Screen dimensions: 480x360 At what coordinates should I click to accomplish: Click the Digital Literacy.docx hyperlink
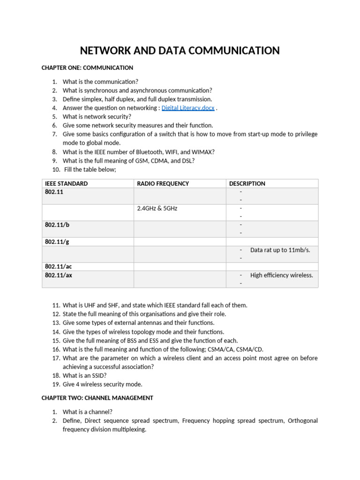coord(188,108)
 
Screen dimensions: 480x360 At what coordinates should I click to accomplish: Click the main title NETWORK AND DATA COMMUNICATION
coord(180,51)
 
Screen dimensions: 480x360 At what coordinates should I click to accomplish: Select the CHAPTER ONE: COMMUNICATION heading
coord(87,68)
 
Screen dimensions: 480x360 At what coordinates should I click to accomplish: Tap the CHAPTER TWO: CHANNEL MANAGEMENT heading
coord(97,398)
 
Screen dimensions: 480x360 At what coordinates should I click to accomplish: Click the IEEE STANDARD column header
coord(66,184)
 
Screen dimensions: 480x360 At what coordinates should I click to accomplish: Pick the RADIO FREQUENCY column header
coord(163,184)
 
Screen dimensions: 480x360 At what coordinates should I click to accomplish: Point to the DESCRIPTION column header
coord(247,184)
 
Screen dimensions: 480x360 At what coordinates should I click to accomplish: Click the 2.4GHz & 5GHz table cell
coord(157,209)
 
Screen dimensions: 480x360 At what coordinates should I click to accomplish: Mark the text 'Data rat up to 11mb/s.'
coord(280,250)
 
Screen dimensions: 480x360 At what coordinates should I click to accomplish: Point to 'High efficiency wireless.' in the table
coord(281,275)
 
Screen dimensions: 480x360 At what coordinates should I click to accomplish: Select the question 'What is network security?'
coord(97,117)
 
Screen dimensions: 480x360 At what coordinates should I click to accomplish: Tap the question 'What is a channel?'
coord(88,412)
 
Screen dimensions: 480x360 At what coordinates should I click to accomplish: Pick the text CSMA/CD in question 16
coord(240,349)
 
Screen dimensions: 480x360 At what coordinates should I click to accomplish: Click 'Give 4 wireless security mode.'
coord(102,384)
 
